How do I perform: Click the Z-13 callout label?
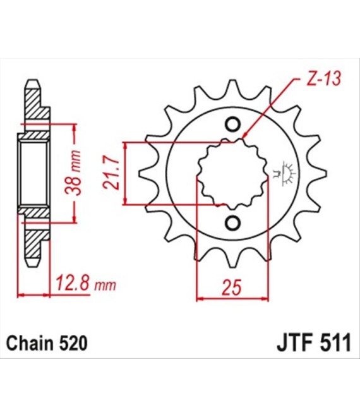click(x=323, y=79)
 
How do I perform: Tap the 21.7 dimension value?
click(x=111, y=173)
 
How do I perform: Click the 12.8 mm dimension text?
click(x=86, y=284)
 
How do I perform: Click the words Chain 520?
click(x=47, y=343)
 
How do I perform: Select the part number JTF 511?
click(x=314, y=343)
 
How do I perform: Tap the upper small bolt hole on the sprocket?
click(x=233, y=124)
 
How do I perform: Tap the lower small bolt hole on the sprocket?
click(x=233, y=222)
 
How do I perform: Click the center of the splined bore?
click(x=232, y=173)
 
